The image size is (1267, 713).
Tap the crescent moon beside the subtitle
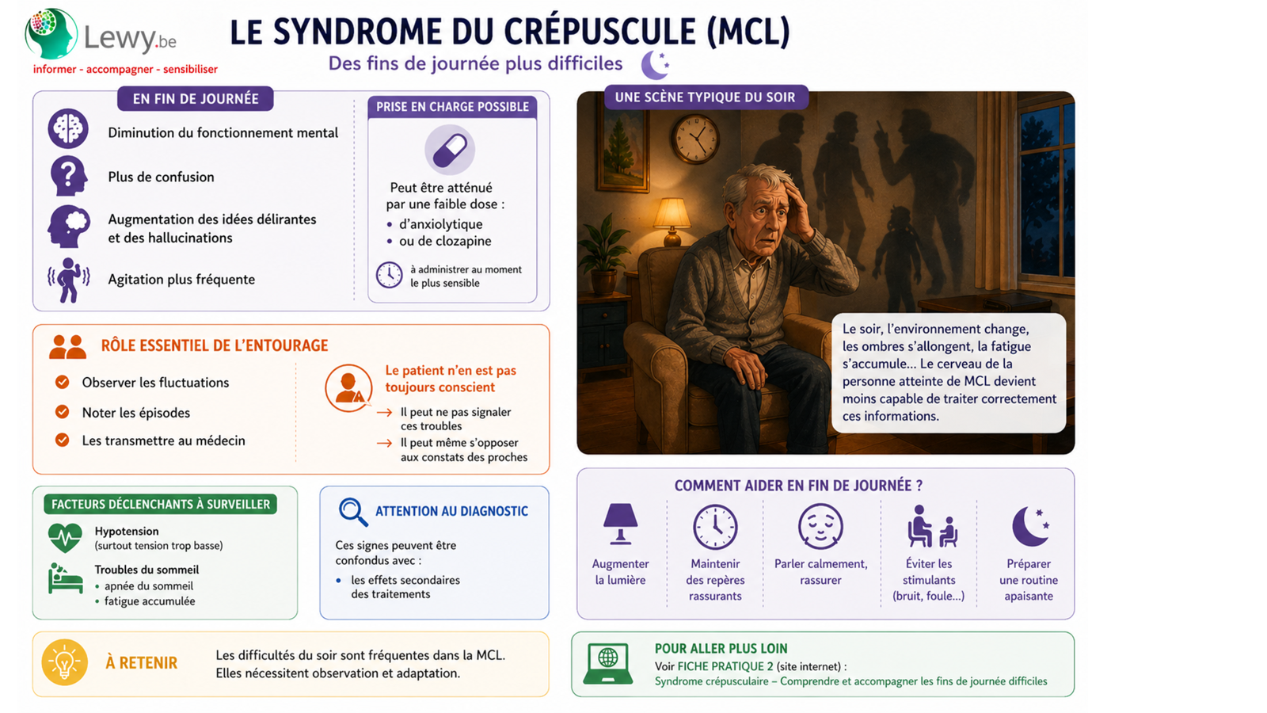pyautogui.click(x=655, y=64)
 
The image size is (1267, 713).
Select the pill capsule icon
pyautogui.click(x=450, y=150)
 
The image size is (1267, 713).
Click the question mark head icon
pyautogui.click(x=68, y=176)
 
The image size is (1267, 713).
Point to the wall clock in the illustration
pyautogui.click(x=695, y=139)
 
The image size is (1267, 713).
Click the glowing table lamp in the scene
pyautogui.click(x=672, y=221)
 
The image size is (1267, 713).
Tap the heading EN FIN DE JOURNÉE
pyautogui.click(x=196, y=99)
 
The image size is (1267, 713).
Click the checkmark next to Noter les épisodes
pyautogui.click(x=63, y=411)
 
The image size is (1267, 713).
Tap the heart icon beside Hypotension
pyautogui.click(x=65, y=537)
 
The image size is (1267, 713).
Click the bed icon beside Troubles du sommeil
pyautogui.click(x=65, y=578)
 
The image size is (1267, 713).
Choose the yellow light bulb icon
pyautogui.click(x=64, y=662)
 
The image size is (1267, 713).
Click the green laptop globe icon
pyautogui.click(x=608, y=663)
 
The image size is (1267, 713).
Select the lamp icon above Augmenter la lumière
pyautogui.click(x=621, y=524)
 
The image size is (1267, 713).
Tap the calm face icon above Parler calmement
pyautogui.click(x=820, y=526)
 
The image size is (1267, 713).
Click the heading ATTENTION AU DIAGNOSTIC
pyautogui.click(x=451, y=511)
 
